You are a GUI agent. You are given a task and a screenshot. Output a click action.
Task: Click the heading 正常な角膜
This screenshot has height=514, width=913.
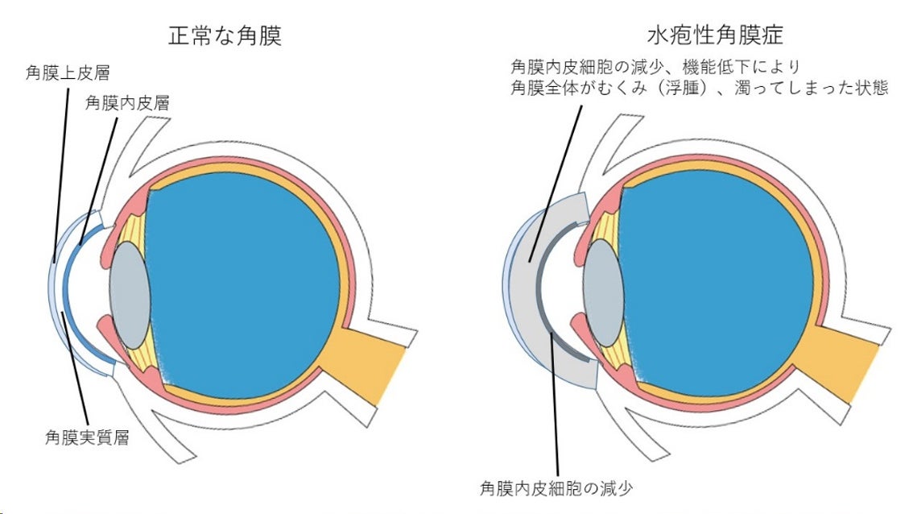(x=225, y=36)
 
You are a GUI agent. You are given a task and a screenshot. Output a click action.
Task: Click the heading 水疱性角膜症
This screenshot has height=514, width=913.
(x=704, y=36)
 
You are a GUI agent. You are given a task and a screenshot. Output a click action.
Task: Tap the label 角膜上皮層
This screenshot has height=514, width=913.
(x=68, y=73)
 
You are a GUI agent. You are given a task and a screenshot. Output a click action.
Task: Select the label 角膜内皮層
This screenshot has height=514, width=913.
(x=129, y=103)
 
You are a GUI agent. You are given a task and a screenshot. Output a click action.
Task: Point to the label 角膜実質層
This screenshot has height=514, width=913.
(x=88, y=438)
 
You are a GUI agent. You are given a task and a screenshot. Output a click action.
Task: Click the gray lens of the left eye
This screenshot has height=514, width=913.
(x=129, y=295)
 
